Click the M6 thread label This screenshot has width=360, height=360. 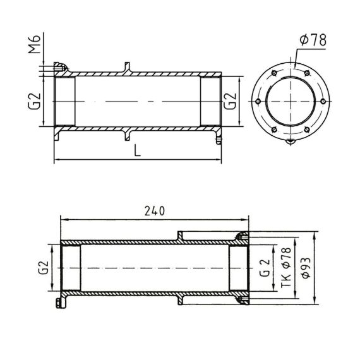point(35,44)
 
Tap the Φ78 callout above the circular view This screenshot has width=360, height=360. point(313,40)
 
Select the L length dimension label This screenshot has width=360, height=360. point(137,150)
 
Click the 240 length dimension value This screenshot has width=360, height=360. point(155,211)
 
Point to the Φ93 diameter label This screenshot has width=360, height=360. point(306,268)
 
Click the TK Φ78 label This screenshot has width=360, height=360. point(286,267)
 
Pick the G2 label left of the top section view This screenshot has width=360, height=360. point(35,101)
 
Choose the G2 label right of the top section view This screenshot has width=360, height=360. point(230,101)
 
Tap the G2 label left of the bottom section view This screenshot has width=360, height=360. point(44,268)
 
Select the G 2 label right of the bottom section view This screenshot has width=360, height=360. point(265,268)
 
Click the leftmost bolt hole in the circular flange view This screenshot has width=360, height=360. point(258,101)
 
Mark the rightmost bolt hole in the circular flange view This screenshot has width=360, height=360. point(323,101)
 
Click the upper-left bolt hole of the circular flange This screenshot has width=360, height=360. point(274,73)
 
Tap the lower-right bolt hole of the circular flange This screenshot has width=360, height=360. point(307,129)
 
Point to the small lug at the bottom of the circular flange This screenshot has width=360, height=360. point(291,141)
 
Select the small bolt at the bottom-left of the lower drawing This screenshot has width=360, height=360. point(59,304)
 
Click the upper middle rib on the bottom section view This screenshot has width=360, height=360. point(181,236)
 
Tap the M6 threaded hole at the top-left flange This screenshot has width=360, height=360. point(59,68)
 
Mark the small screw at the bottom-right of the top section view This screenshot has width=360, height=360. point(219,140)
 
